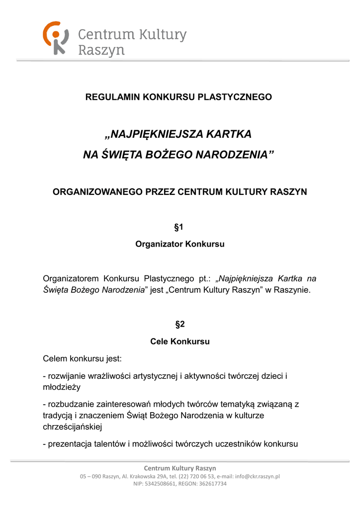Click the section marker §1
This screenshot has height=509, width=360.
point(180,227)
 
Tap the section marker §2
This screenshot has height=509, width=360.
point(180,325)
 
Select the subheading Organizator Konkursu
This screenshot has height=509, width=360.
point(180,244)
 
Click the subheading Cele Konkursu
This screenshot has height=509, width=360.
point(180,341)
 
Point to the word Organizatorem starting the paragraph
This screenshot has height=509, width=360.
point(70,278)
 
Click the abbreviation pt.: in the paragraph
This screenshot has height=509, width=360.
point(203,278)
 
